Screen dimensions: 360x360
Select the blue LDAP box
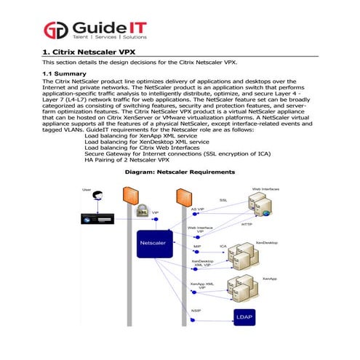coord(241,316)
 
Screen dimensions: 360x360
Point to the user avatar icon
coord(97,196)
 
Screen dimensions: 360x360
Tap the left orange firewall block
coord(131,195)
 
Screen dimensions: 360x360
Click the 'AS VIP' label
coord(197,209)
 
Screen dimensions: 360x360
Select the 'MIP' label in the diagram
coord(197,246)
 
